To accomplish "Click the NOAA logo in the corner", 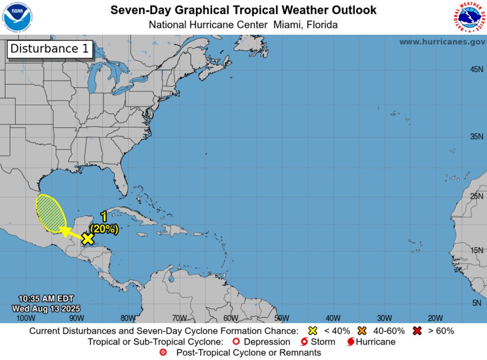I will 17,17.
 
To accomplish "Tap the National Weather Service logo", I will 469,17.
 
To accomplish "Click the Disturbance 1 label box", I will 50,49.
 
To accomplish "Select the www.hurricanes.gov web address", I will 442,42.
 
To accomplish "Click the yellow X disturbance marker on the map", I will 87,239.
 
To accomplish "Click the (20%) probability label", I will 104,229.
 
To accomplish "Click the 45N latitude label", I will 477,69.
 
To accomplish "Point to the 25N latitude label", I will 477,196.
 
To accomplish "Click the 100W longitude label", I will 26,318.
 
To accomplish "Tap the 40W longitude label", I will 333,318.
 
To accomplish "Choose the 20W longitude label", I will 435,318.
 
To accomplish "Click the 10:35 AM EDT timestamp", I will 46,299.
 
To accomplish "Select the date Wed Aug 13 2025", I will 43,308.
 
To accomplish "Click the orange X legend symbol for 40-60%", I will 362,331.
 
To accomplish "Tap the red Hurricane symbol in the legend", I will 351,342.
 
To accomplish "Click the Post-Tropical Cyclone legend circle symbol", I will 163,353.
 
